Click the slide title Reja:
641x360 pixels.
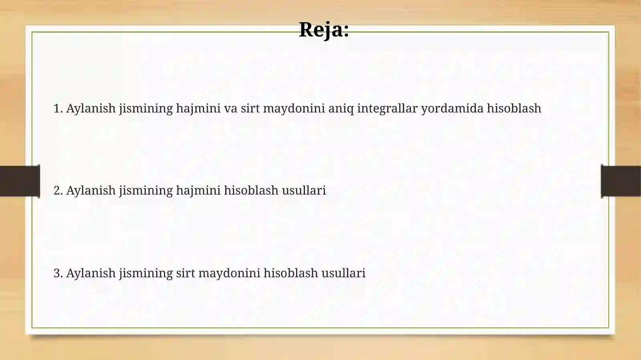[324, 30]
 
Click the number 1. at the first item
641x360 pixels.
[58, 109]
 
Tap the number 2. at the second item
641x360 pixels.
[58, 191]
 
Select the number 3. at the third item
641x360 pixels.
[58, 273]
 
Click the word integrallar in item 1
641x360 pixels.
[387, 109]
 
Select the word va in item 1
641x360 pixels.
[230, 109]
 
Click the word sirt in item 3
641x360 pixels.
[185, 273]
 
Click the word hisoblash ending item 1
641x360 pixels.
[514, 109]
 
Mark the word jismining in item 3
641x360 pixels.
[146, 274]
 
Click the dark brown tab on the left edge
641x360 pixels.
[20, 181]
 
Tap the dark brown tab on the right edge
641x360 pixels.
[621, 181]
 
